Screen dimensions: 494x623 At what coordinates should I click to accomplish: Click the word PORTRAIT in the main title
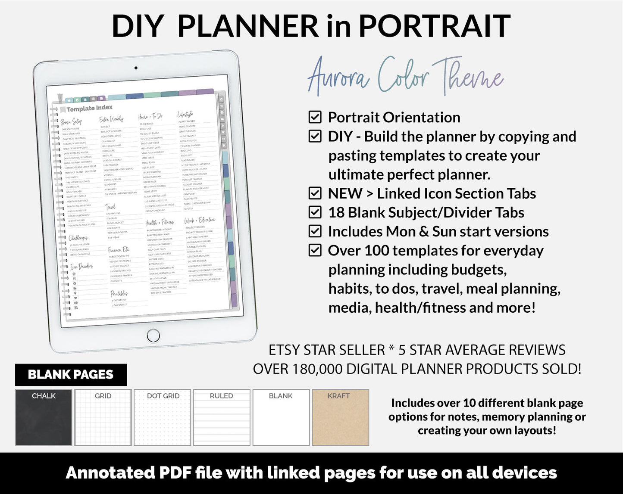(434, 26)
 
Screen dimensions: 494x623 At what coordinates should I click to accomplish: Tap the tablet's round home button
(153, 335)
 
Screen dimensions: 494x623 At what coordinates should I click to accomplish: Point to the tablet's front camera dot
(136, 68)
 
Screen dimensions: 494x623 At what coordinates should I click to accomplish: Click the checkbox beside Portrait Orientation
(315, 117)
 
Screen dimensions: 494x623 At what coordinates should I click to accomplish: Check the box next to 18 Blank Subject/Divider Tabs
(315, 212)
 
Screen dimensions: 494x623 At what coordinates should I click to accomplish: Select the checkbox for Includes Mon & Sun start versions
(315, 231)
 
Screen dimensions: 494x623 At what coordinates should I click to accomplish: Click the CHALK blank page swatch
(44, 417)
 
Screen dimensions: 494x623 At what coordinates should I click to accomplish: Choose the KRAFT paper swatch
(340, 417)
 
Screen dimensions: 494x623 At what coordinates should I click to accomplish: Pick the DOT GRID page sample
(163, 417)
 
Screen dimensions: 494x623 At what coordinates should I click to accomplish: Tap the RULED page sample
(222, 417)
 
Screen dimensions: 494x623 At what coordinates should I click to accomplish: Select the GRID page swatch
(103, 417)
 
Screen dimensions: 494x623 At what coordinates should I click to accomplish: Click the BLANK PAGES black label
(71, 375)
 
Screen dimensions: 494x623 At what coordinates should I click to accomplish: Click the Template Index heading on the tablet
(89, 109)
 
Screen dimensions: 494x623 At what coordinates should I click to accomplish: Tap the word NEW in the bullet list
(344, 194)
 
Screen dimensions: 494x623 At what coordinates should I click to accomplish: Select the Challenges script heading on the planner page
(78, 238)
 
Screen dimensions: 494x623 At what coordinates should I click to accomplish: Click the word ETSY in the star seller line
(284, 350)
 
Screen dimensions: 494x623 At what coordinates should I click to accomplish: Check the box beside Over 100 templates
(315, 250)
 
